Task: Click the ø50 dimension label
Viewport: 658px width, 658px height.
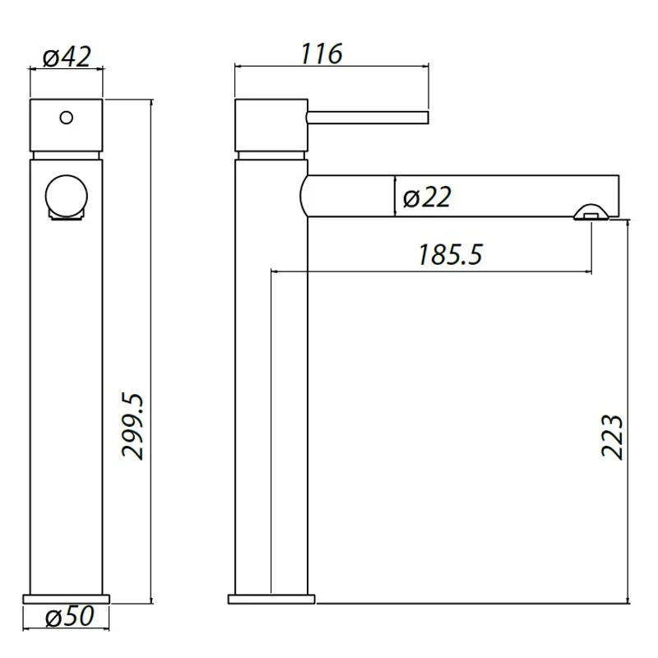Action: (67, 617)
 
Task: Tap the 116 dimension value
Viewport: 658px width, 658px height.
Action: (320, 54)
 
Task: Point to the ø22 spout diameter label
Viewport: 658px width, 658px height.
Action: (427, 197)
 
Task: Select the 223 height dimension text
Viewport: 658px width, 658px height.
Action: (610, 437)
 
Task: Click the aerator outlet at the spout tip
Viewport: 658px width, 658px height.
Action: (591, 213)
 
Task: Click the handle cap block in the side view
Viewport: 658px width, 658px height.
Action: (271, 125)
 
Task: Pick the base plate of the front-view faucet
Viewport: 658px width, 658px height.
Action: (67, 597)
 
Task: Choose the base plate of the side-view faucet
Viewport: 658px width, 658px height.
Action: (271, 597)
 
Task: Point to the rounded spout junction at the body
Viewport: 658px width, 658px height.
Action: (304, 196)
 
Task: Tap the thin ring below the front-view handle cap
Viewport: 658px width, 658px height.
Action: (67, 155)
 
